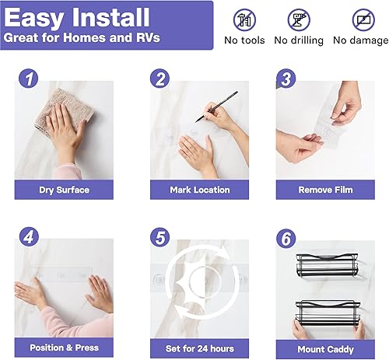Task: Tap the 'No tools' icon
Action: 244,19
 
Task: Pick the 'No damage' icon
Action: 361,19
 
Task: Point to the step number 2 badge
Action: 159,78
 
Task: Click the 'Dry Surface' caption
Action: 64,190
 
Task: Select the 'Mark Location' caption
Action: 200,190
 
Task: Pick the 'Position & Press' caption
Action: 64,348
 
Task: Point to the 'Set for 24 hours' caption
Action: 200,348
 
